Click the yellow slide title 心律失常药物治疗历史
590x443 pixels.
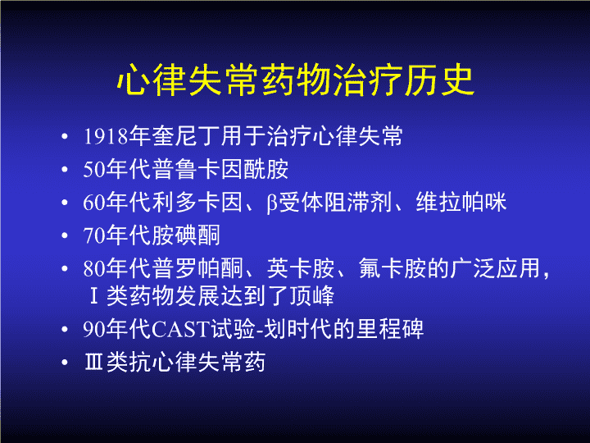[295, 80]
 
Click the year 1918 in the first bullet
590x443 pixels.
[106, 136]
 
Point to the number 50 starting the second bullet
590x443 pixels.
[94, 170]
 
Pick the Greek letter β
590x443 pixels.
[272, 203]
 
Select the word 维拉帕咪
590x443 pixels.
[461, 203]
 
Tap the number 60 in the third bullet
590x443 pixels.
[94, 203]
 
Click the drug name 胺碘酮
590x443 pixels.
[186, 235]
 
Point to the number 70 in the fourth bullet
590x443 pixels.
[94, 235]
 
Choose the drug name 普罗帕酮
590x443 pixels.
[197, 268]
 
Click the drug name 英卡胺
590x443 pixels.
[301, 268]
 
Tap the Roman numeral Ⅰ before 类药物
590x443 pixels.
[94, 295]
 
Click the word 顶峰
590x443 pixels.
[312, 295]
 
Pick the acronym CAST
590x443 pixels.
[180, 329]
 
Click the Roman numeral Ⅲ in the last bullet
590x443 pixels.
[94, 362]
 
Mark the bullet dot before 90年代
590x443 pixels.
[65, 330]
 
